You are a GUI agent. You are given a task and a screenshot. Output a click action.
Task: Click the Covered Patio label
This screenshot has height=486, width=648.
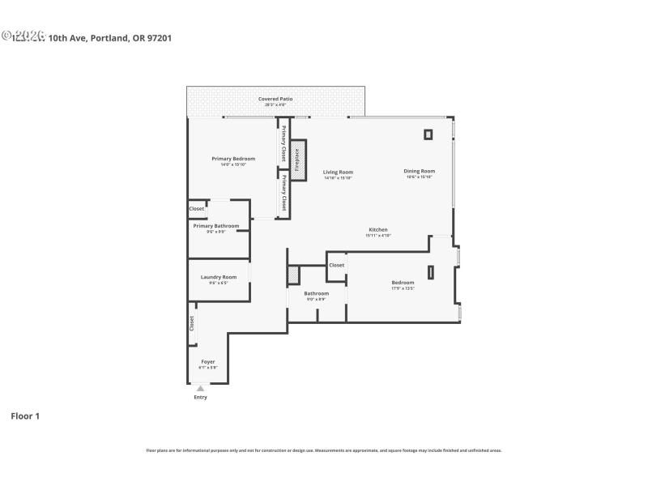point(275,99)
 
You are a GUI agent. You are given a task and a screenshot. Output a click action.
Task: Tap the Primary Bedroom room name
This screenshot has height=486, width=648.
point(233,159)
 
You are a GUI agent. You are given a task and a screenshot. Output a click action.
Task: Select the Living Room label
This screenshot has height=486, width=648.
point(338,172)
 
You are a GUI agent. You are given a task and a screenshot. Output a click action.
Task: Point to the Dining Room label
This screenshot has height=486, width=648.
point(420,171)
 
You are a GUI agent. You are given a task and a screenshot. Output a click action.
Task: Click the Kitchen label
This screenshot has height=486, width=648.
point(378,230)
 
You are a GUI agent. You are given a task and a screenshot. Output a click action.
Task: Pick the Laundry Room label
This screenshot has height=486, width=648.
point(218,277)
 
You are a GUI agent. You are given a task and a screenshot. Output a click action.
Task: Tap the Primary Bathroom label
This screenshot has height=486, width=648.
point(215,226)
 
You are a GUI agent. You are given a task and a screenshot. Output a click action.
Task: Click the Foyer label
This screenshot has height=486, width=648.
point(208,361)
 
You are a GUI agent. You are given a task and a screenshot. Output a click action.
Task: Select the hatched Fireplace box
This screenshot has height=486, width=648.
point(297,160)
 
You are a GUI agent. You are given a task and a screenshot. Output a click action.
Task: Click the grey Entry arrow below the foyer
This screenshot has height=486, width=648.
point(200,389)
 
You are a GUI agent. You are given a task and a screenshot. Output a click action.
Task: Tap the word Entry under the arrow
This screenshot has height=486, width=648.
point(200,397)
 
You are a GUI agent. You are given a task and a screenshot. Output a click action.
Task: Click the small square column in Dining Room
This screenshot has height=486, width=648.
point(428,134)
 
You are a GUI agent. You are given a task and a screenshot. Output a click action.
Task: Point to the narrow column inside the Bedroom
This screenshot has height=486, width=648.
point(431,272)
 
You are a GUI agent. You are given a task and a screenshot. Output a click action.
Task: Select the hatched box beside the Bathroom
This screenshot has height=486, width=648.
point(294,275)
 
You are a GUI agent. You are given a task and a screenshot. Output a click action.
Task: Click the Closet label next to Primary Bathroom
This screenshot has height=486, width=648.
point(197,209)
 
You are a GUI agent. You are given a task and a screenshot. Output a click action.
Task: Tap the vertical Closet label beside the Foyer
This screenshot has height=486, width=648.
point(192,323)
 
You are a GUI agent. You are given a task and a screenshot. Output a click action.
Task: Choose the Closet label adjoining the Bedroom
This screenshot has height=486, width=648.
point(336,265)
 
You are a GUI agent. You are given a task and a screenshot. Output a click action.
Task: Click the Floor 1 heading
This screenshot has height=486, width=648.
point(25,416)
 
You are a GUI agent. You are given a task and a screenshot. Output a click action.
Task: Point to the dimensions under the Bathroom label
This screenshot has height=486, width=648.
point(316,299)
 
